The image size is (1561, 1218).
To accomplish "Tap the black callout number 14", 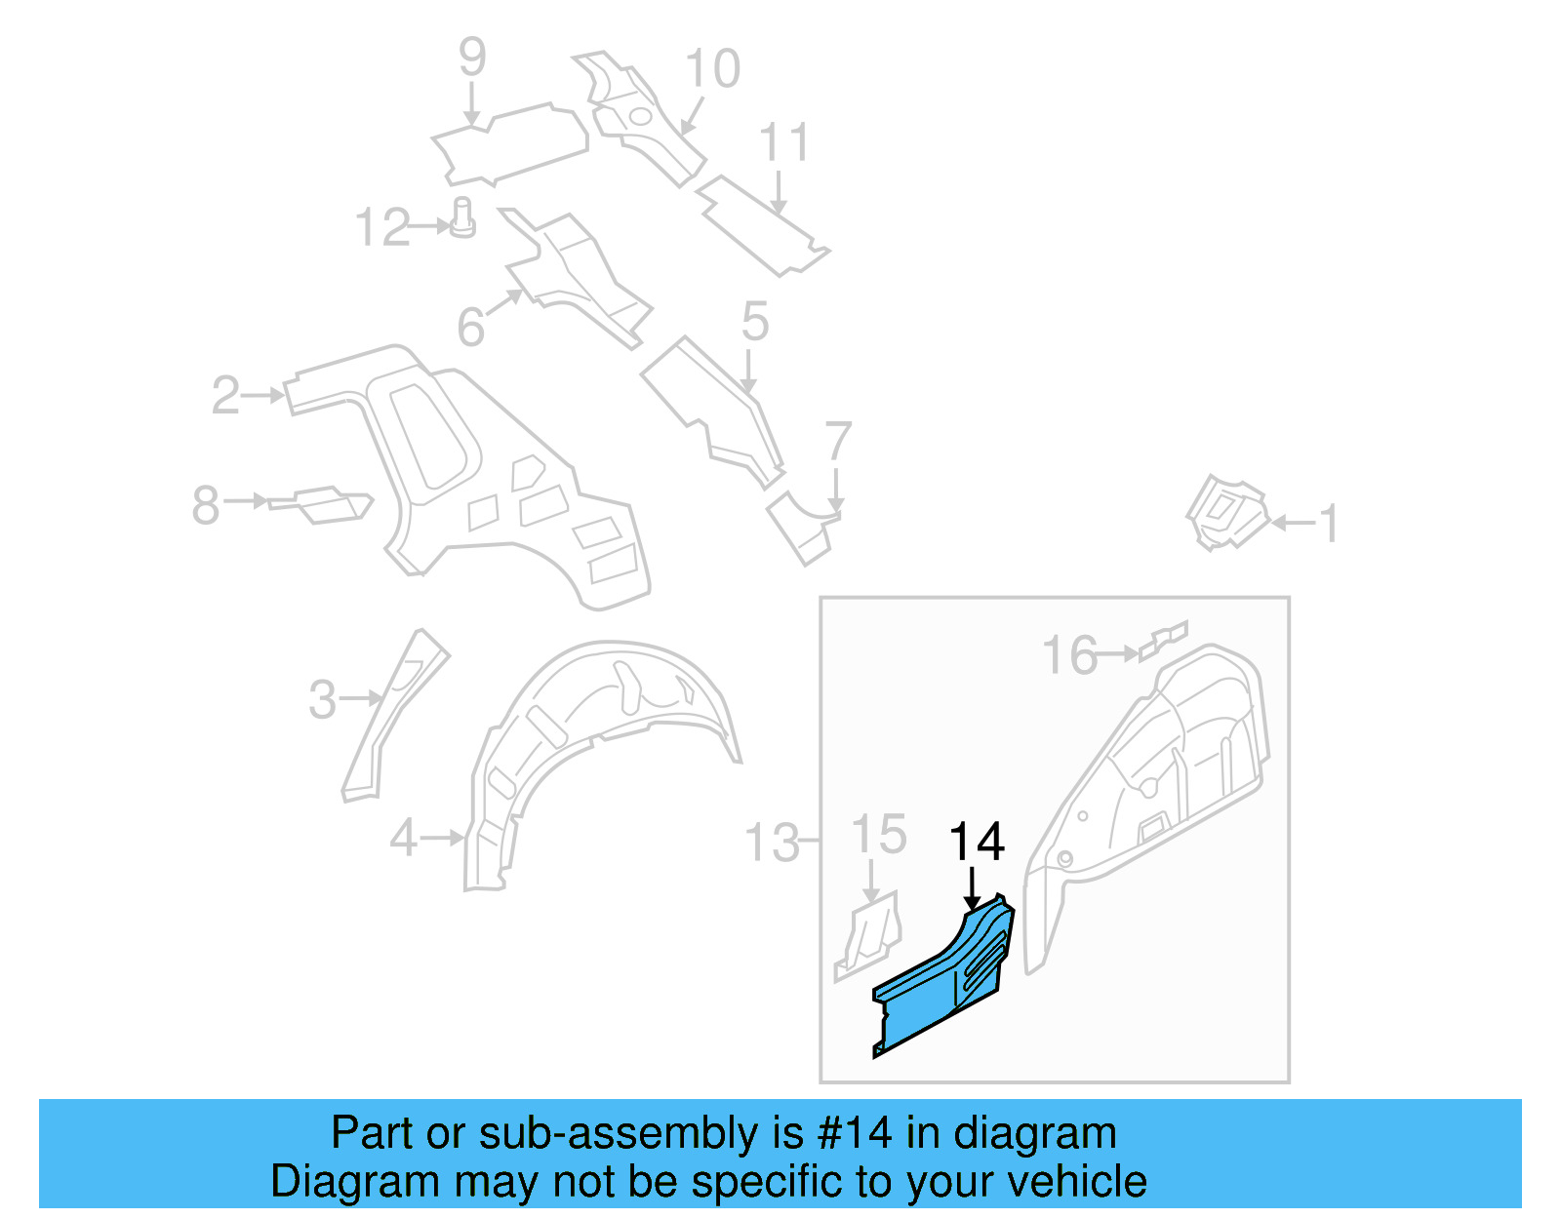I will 977,842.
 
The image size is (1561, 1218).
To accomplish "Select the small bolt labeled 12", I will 463,217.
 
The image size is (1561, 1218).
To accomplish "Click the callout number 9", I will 472,58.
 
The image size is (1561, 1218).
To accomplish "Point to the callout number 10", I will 713,69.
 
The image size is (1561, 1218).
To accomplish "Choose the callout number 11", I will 784,143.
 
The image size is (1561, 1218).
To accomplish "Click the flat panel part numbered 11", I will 761,224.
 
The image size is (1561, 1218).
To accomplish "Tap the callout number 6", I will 471,327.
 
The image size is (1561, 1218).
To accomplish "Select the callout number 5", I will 755,321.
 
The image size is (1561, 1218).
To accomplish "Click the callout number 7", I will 838,441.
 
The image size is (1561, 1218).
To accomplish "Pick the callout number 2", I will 225,395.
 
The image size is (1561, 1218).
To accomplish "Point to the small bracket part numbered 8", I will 322,504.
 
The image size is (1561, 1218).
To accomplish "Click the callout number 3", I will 323,699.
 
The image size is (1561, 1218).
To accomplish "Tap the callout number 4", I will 404,838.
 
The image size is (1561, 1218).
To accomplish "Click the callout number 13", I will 773,843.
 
